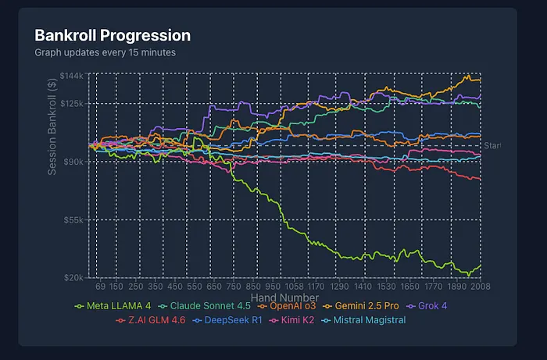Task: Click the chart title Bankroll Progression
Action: click(x=113, y=36)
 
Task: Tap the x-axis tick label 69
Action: click(x=100, y=287)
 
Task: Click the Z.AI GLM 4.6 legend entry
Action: click(x=153, y=320)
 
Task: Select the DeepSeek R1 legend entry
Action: click(x=234, y=320)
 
